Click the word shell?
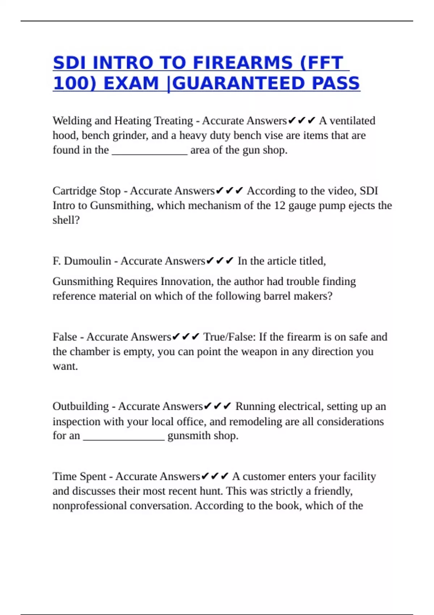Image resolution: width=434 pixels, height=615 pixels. point(66,220)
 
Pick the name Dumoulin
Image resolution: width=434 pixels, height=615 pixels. point(88,261)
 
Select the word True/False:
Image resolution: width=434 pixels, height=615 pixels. point(230,337)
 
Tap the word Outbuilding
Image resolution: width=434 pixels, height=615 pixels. point(81,407)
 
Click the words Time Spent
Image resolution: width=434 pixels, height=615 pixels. point(80,476)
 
